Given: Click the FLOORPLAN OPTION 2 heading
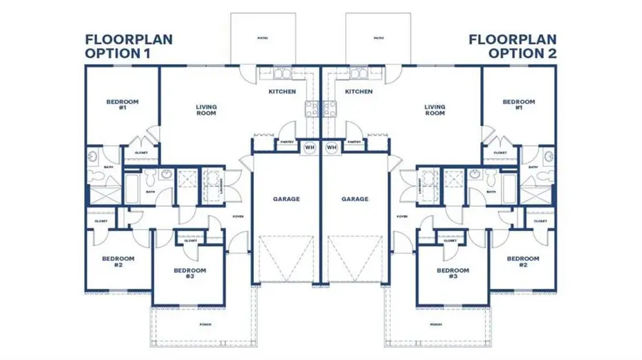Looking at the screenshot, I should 513,46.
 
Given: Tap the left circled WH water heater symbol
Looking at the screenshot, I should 310,148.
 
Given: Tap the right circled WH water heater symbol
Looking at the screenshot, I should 331,148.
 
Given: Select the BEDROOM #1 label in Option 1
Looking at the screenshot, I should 122,106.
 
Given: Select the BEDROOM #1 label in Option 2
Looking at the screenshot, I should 519,106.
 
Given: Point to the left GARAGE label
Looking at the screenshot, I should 285,199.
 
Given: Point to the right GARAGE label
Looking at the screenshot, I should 355,199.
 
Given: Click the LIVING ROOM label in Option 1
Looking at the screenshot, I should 206,110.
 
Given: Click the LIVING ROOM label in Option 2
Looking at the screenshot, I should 435,110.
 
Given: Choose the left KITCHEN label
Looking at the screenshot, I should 282,92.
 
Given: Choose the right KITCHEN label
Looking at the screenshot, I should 358,92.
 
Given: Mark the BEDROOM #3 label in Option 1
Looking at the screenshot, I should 190,274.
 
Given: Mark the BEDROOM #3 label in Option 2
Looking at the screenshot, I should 453,274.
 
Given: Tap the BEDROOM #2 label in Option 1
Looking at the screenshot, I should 118,262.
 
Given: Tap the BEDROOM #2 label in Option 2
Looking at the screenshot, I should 523,262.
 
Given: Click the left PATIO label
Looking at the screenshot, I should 263,38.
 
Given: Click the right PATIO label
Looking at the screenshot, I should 378,38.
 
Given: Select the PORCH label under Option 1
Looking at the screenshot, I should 205,324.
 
